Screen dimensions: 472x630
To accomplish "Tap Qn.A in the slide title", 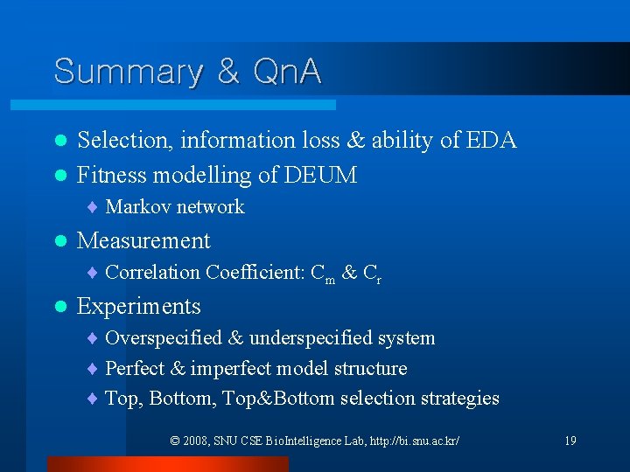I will click(285, 71).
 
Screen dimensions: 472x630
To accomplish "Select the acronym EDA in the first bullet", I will click(492, 140).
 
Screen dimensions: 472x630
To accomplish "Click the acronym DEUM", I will click(320, 176).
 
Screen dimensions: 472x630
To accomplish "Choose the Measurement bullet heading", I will click(143, 240).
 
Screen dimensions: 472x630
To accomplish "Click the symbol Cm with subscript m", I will click(323, 274).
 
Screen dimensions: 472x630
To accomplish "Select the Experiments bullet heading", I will click(139, 307).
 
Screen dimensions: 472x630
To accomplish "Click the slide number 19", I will click(570, 441).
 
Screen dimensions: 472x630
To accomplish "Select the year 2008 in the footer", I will click(196, 441).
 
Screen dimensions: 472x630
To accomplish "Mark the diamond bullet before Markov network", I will click(92, 208).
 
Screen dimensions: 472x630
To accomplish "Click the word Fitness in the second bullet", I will click(112, 176).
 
